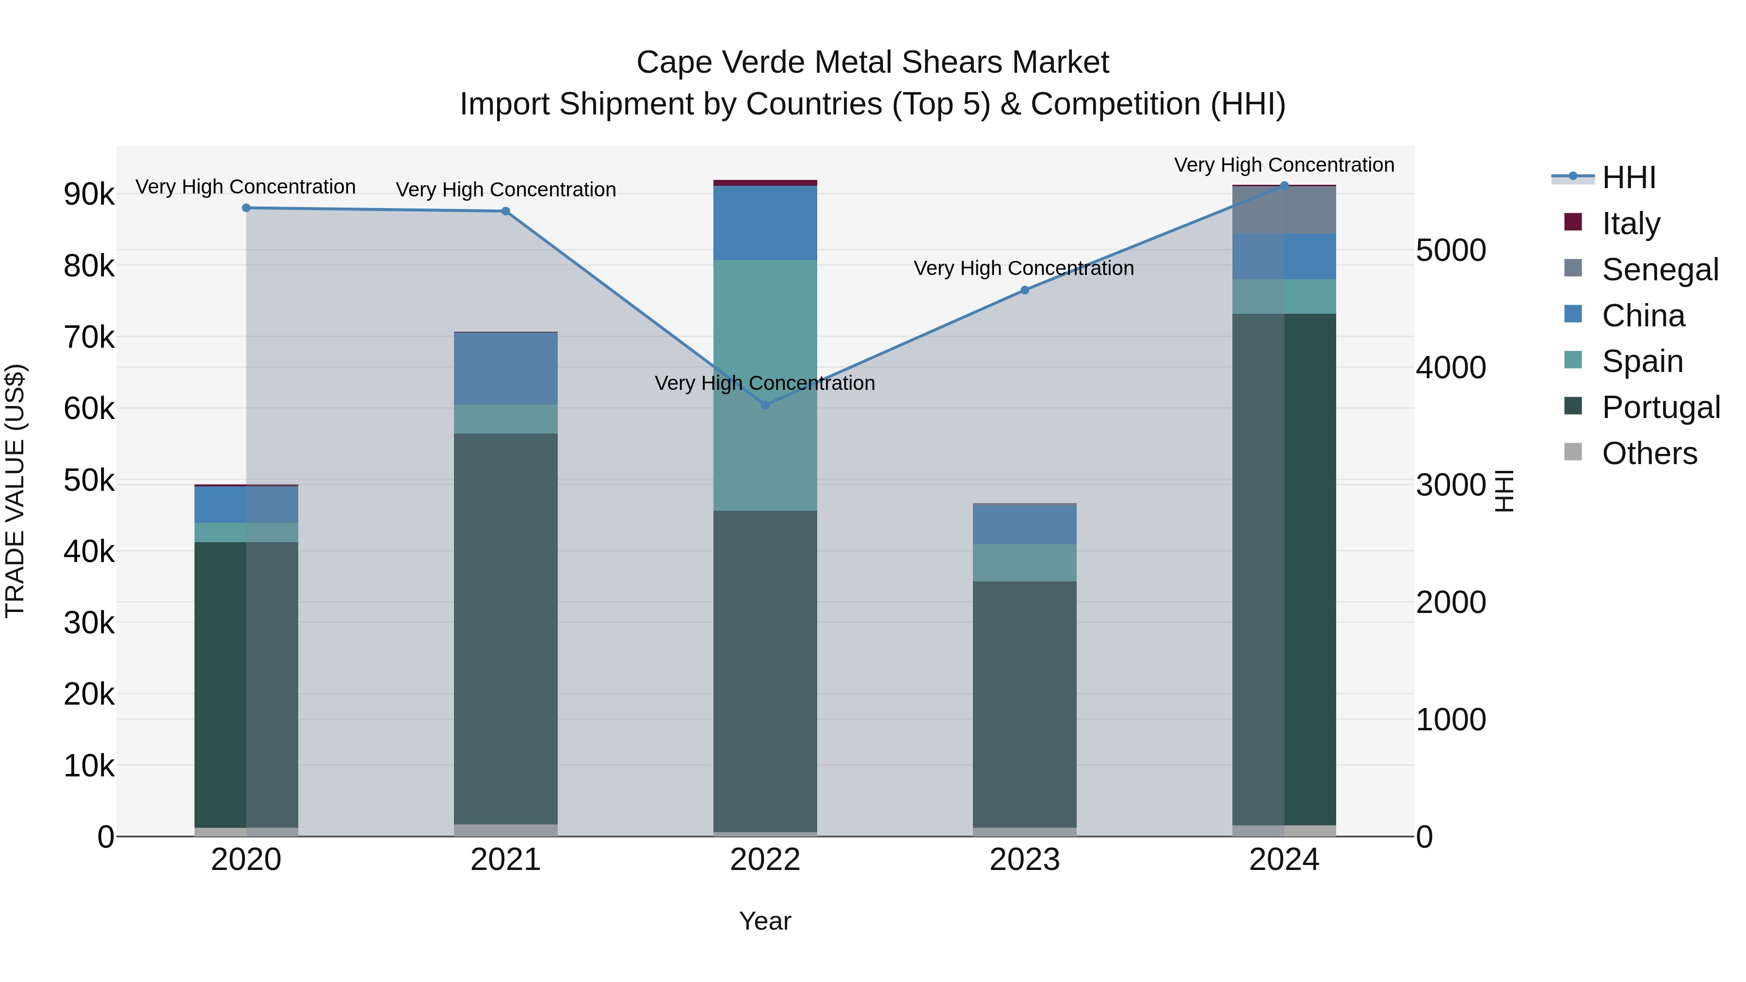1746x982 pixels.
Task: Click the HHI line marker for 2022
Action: tap(765, 404)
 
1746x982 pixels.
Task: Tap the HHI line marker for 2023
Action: tap(1025, 290)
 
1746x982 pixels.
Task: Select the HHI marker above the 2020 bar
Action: tap(246, 208)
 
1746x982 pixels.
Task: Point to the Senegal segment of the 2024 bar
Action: tap(1284, 210)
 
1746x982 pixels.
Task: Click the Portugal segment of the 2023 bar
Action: tap(1025, 705)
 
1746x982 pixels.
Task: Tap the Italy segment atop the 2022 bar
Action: tap(765, 182)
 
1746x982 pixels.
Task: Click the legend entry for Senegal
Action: tap(1659, 270)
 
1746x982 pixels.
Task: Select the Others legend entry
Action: tap(1649, 453)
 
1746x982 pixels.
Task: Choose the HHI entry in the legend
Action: tap(1628, 177)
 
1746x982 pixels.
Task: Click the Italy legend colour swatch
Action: tap(1572, 222)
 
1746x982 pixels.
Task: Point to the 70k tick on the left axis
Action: tap(89, 338)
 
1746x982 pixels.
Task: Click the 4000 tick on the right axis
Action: tap(1451, 368)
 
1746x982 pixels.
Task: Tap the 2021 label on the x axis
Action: tap(506, 860)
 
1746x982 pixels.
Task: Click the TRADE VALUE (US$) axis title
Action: tap(15, 491)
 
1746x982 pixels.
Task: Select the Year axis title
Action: tap(765, 921)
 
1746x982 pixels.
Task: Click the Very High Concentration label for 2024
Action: tap(1284, 165)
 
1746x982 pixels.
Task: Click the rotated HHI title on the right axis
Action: tap(1504, 491)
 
